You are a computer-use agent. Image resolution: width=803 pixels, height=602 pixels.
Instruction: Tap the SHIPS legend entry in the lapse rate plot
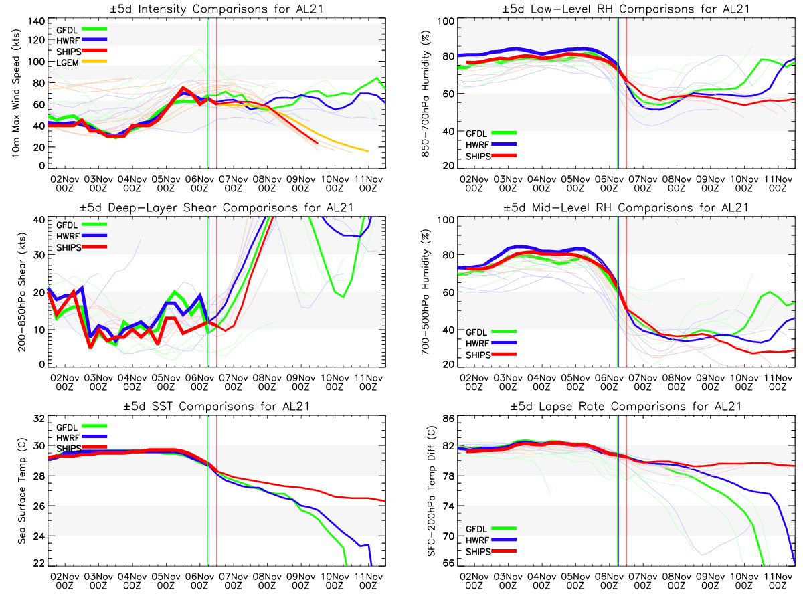click(x=478, y=552)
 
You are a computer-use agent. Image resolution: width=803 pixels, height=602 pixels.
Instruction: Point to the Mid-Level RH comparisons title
click(x=627, y=207)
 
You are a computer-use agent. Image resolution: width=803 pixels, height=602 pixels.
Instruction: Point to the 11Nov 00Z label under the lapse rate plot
click(x=778, y=581)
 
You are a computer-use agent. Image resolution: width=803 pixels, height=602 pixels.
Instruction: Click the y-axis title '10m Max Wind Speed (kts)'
click(x=15, y=94)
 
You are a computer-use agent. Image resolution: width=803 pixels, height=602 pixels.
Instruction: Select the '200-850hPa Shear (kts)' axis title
click(x=15, y=292)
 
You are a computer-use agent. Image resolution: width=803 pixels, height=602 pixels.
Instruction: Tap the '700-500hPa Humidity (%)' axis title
click(x=424, y=292)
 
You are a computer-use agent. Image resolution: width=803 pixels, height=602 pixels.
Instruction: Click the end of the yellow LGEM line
click(x=368, y=151)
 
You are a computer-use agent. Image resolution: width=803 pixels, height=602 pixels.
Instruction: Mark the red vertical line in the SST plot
click(x=217, y=492)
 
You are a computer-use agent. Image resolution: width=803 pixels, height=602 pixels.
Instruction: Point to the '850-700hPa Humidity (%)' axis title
click(x=424, y=94)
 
